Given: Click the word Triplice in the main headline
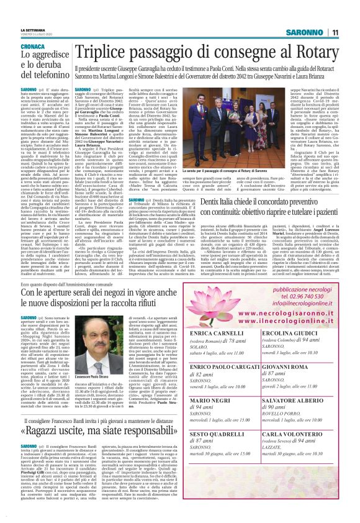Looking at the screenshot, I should [106, 53].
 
